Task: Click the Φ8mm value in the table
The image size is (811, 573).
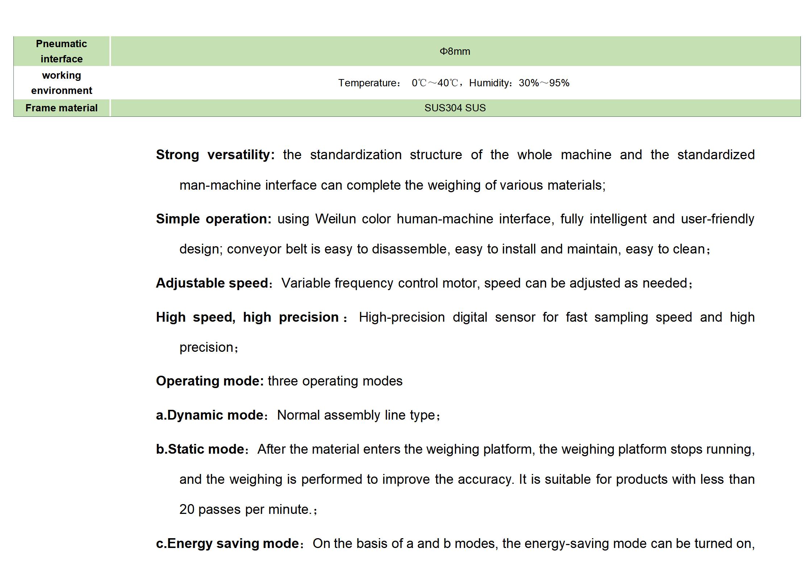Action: tap(455, 51)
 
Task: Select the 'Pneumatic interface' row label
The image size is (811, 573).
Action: tap(61, 51)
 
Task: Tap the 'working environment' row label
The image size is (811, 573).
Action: tap(61, 83)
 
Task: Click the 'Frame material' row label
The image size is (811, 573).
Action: tap(61, 108)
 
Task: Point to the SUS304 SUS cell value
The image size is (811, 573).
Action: tap(455, 108)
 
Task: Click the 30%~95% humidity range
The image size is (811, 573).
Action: tap(544, 83)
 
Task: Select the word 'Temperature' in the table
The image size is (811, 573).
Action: tap(368, 83)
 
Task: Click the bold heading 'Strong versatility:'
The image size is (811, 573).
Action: tap(215, 155)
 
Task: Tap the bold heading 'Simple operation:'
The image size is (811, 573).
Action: tap(213, 219)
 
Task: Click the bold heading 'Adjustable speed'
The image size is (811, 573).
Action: tap(212, 283)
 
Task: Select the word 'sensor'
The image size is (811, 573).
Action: tap(515, 317)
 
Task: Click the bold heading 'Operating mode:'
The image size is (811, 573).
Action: tap(210, 381)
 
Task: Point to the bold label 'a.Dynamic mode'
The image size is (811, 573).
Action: tap(210, 415)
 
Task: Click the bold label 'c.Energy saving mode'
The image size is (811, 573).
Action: tap(227, 544)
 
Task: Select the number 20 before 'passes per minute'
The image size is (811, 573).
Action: tap(187, 510)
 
